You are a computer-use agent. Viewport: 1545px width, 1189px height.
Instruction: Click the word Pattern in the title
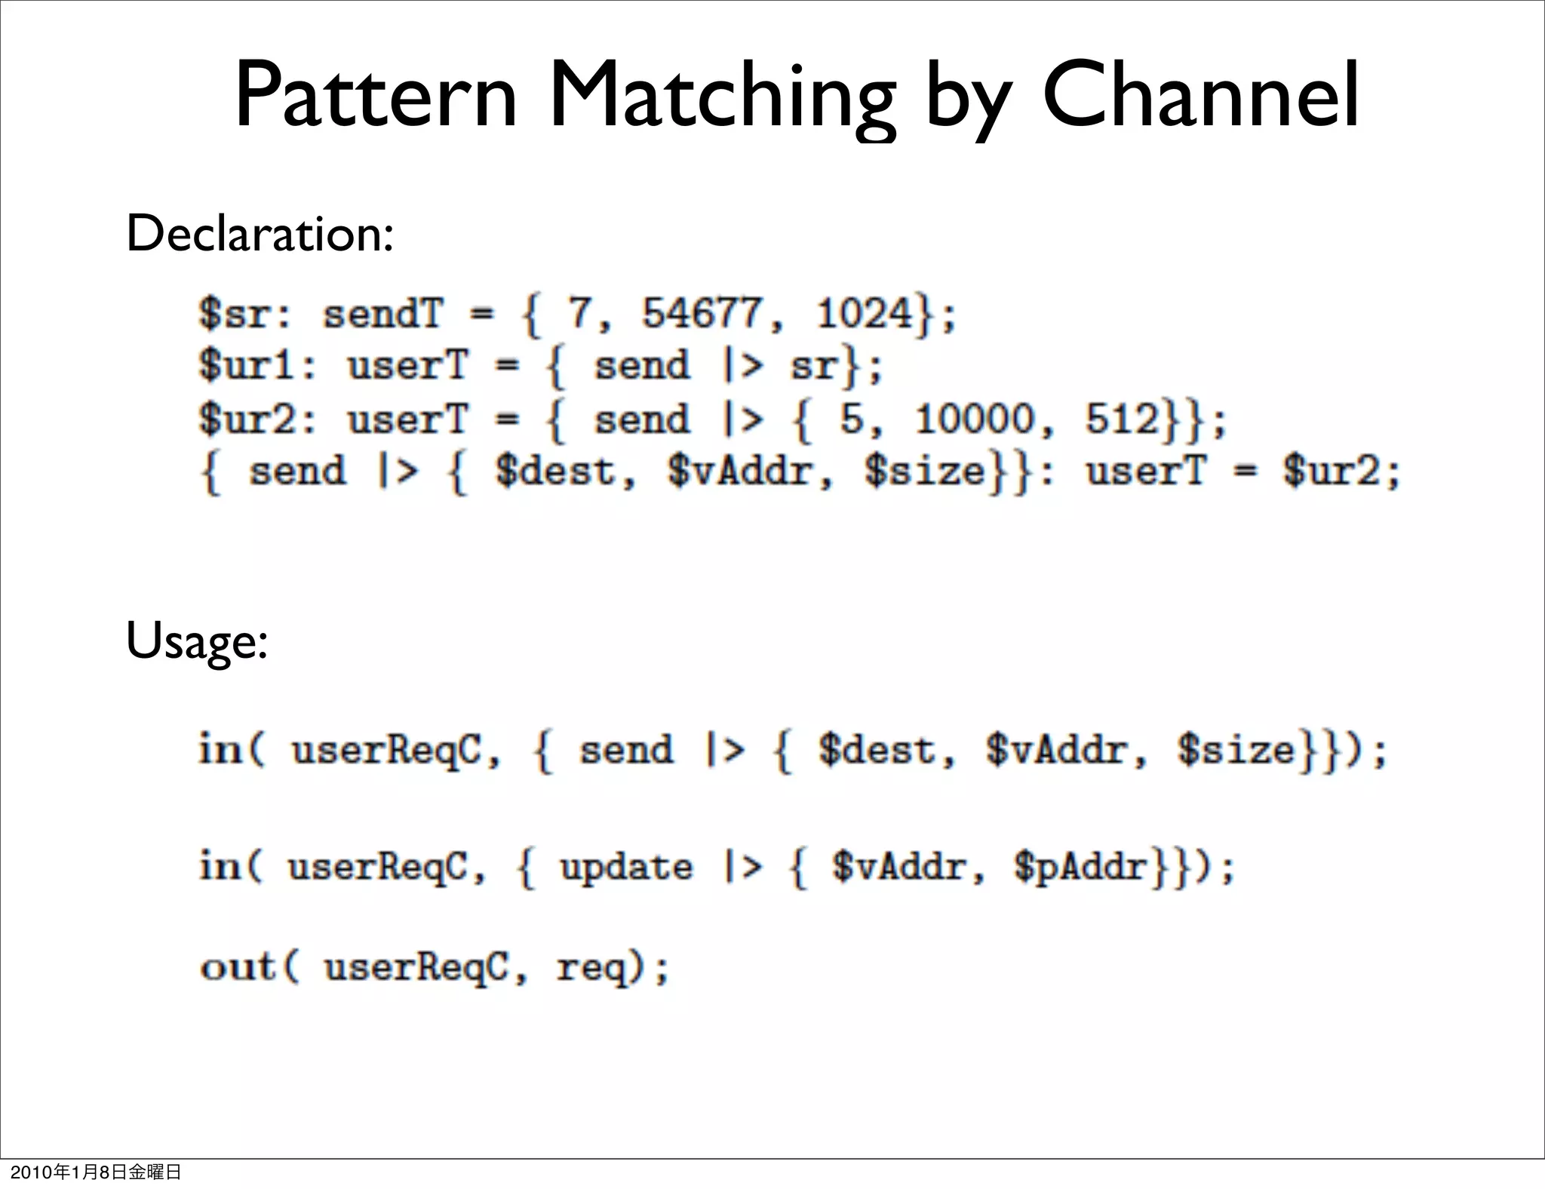[x=376, y=97]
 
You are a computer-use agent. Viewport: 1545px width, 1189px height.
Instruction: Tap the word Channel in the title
[x=1201, y=97]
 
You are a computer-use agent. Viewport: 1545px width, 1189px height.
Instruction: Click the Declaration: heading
[x=260, y=233]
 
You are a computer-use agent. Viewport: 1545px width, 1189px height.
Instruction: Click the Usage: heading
[x=197, y=642]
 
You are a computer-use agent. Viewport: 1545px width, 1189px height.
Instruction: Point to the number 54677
[x=702, y=313]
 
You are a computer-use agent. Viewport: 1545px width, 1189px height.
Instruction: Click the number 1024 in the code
[x=864, y=313]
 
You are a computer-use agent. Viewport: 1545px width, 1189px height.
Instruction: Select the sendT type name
[x=382, y=313]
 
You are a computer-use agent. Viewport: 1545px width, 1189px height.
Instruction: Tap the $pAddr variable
[x=1081, y=866]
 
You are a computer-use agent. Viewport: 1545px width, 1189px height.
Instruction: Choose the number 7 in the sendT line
[x=579, y=313]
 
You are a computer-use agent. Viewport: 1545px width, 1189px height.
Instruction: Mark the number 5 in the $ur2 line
[x=851, y=419]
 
